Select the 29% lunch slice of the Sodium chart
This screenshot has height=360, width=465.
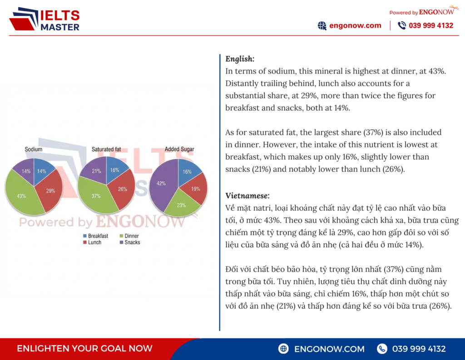(x=51, y=191)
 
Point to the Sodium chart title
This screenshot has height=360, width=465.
(x=34, y=149)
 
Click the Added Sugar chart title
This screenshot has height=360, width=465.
(x=179, y=149)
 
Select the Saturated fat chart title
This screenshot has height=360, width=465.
(x=106, y=149)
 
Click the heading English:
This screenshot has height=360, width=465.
(x=240, y=59)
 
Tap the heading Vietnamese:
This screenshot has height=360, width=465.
(x=247, y=195)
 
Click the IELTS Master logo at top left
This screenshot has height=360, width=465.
(x=44, y=20)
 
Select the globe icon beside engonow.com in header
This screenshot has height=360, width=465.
(x=322, y=26)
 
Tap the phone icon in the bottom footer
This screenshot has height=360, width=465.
(x=382, y=349)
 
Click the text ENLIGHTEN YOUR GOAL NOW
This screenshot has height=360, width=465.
(x=84, y=349)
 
